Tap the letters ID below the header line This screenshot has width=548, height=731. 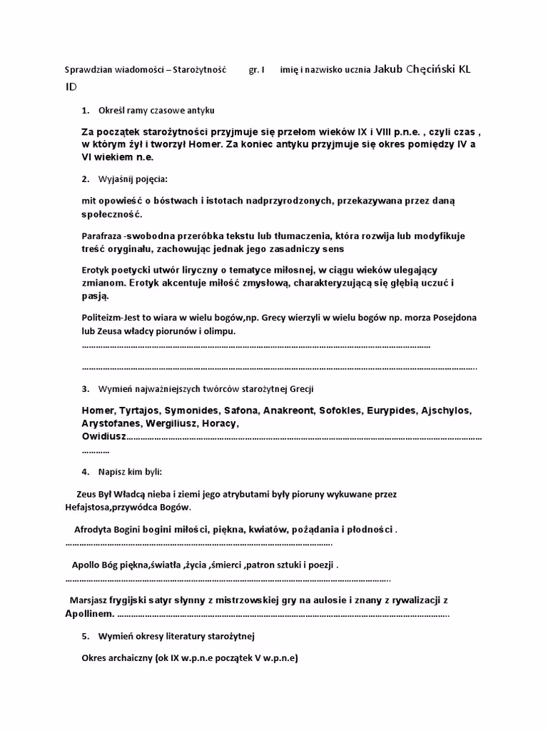pyautogui.click(x=71, y=86)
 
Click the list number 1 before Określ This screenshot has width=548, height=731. pyautogui.click(x=85, y=110)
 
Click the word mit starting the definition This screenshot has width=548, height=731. pyautogui.click(x=89, y=201)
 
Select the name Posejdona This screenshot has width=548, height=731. pyautogui.click(x=447, y=317)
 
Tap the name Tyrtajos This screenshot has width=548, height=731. pyautogui.click(x=139, y=410)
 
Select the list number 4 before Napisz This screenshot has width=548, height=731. pyautogui.click(x=85, y=471)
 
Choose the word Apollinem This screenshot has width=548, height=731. pyautogui.click(x=88, y=613)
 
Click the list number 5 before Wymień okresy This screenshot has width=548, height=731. pyautogui.click(x=85, y=635)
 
